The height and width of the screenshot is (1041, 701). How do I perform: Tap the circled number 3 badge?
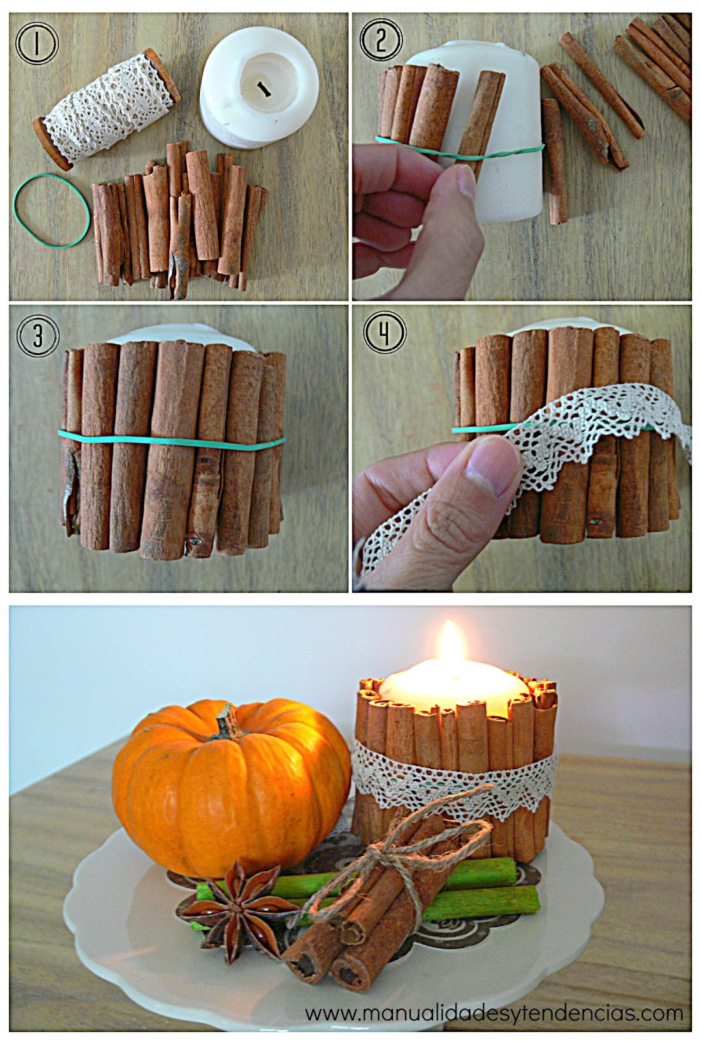pyautogui.click(x=38, y=336)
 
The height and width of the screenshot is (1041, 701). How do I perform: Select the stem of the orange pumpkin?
pyautogui.click(x=223, y=722)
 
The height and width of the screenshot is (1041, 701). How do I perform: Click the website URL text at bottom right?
pyautogui.click(x=494, y=1013)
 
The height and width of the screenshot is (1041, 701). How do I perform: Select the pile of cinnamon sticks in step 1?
pyautogui.click(x=179, y=215)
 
